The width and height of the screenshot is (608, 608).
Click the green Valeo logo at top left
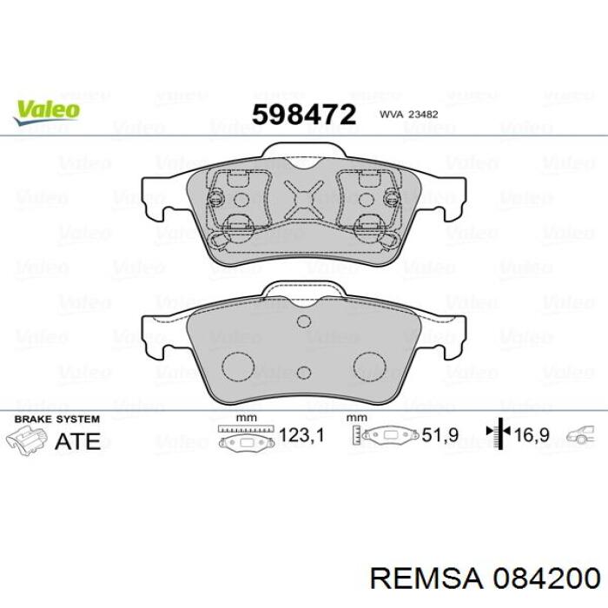point(46,110)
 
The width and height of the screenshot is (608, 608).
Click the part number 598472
point(303,114)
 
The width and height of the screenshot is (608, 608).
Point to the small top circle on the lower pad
point(303,322)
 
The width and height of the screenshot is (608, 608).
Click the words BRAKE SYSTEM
point(52,419)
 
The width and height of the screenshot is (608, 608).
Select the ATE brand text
point(77,440)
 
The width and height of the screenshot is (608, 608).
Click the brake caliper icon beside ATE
point(26,440)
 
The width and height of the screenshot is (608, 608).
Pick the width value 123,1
point(300,436)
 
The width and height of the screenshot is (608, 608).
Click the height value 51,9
point(439,436)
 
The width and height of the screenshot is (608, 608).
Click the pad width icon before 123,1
point(247,436)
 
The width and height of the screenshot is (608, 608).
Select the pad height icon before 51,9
point(387,436)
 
